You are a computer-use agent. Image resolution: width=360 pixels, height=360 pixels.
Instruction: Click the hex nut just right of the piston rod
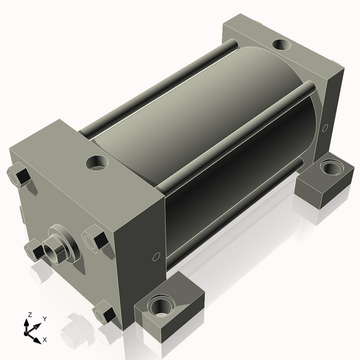click(x=94, y=238)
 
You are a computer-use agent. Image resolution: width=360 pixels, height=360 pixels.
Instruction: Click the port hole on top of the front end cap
click(x=97, y=162)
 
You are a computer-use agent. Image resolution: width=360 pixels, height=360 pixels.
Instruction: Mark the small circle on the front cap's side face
click(x=157, y=256)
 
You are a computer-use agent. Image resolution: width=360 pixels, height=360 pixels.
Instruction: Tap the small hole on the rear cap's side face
click(x=325, y=127)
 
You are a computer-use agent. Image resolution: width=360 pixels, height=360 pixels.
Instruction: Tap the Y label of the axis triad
click(x=45, y=319)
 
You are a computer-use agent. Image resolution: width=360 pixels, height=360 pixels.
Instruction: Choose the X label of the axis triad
click(x=44, y=340)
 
